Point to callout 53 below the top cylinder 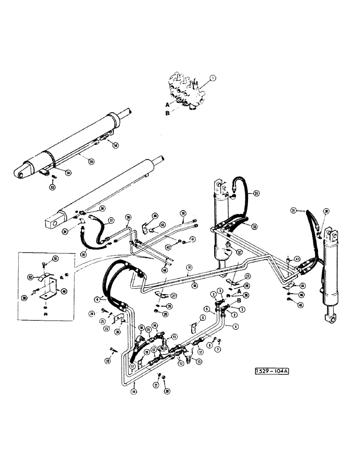[x=53, y=187]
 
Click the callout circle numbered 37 [x=111, y=222]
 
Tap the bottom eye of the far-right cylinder [x=332, y=319]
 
